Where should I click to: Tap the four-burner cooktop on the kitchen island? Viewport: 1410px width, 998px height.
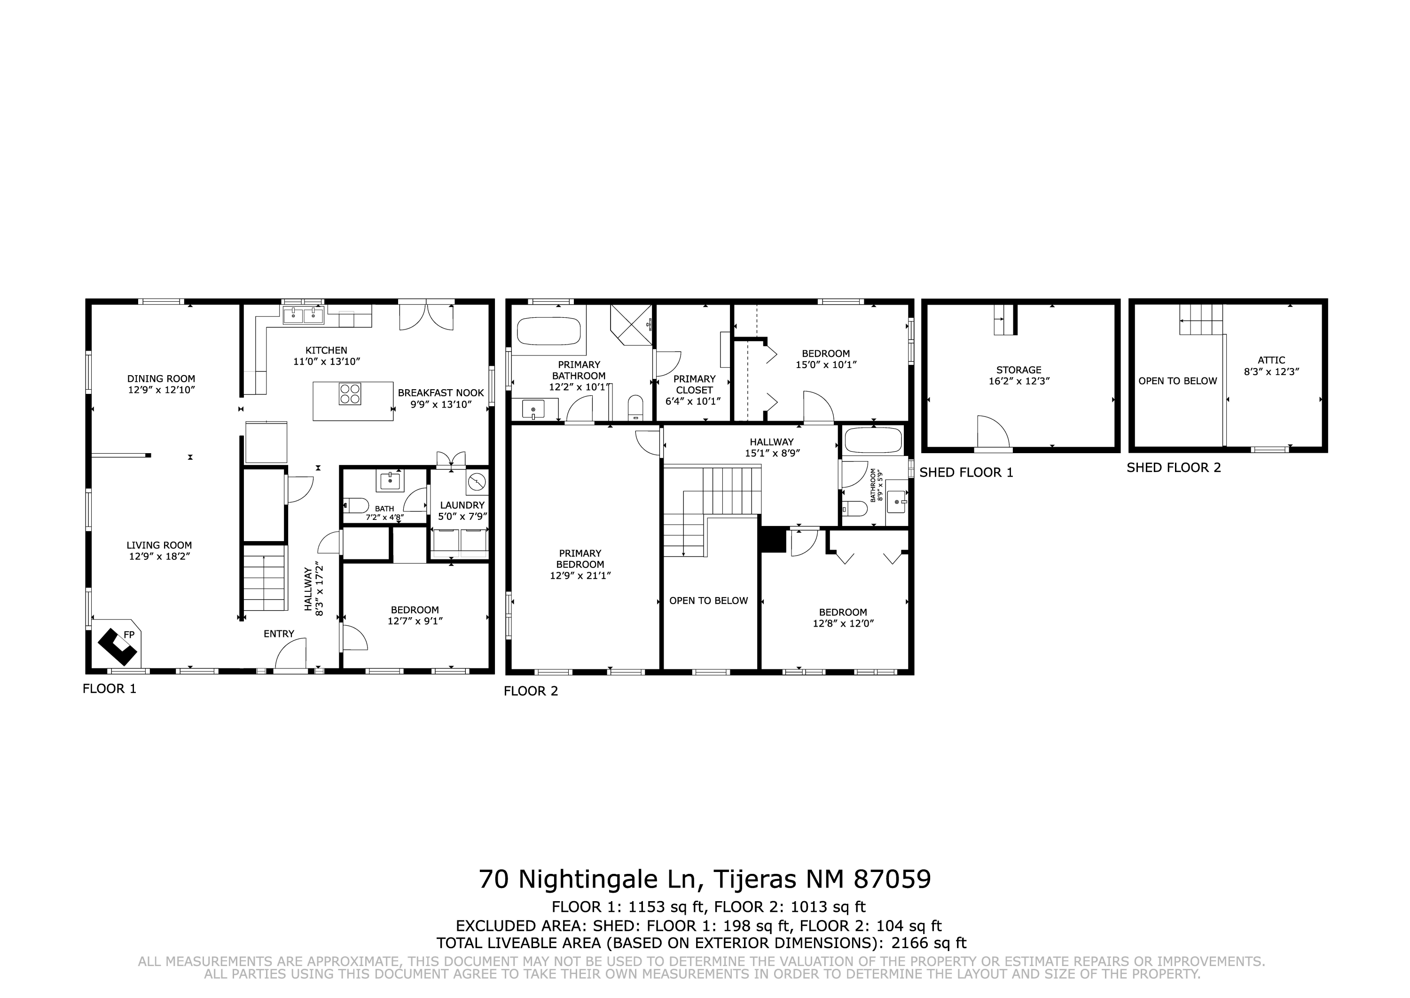[x=350, y=393]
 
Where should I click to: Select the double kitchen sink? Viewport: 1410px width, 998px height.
[x=304, y=316]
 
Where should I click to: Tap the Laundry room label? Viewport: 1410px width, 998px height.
[x=462, y=505]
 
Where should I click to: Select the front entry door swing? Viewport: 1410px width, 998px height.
[x=290, y=653]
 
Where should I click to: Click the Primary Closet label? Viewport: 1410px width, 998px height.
[x=694, y=384]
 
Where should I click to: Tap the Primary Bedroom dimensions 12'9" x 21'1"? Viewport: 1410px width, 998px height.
[x=580, y=576]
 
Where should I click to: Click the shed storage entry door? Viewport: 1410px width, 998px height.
[x=993, y=432]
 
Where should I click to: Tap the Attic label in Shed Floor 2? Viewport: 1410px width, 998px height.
[x=1271, y=360]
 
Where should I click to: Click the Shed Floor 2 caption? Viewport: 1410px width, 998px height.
[x=1174, y=468]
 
